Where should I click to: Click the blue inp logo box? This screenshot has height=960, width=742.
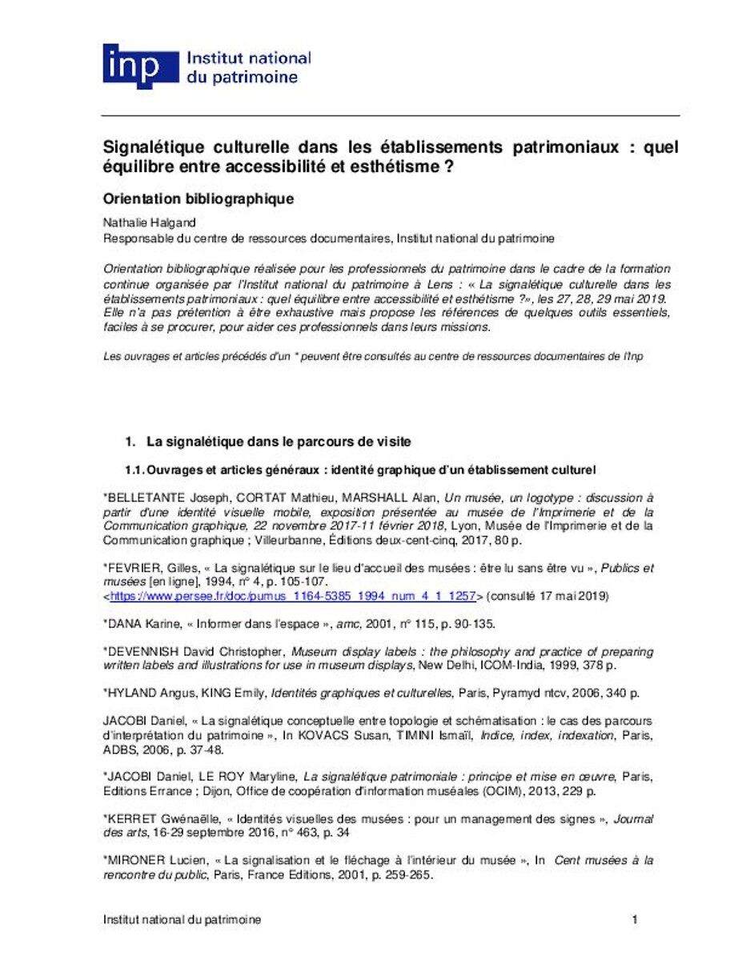pyautogui.click(x=139, y=66)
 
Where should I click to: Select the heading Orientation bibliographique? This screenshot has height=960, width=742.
pyautogui.click(x=199, y=199)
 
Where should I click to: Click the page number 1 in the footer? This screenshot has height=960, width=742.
pyautogui.click(x=635, y=920)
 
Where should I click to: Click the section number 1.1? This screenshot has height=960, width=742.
pyautogui.click(x=133, y=469)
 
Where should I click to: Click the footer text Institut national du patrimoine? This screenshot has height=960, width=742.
pyautogui.click(x=182, y=920)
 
